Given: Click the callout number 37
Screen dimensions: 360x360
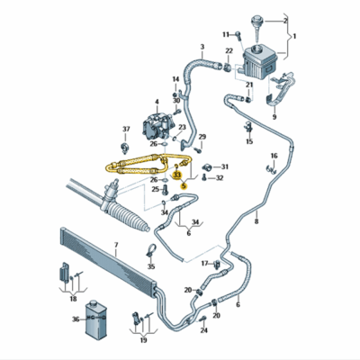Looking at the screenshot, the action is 126,130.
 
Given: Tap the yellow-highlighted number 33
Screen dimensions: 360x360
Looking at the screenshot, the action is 177,175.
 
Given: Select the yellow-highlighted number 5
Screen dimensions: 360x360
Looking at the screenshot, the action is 184,186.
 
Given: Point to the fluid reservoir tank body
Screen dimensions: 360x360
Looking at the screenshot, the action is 259,62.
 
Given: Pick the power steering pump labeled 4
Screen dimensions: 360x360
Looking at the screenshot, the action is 157,125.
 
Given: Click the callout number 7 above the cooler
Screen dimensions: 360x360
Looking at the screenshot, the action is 116,246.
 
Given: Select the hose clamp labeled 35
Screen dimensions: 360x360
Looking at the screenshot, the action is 151,250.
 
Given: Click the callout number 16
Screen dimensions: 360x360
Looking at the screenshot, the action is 274,156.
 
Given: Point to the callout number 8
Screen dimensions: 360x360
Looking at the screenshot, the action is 256,221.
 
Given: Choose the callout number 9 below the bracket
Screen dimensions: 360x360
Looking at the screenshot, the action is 274,117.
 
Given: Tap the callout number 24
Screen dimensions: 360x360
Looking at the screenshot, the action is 204,330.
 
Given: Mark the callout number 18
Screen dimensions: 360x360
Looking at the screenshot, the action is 73,299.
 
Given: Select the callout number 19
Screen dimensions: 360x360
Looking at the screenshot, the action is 143,340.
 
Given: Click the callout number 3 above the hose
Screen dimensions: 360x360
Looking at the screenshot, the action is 202,47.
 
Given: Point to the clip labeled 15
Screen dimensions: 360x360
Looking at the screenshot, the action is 248,128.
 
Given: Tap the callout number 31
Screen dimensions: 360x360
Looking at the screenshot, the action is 225,166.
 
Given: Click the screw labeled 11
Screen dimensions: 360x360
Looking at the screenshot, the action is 238,35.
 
